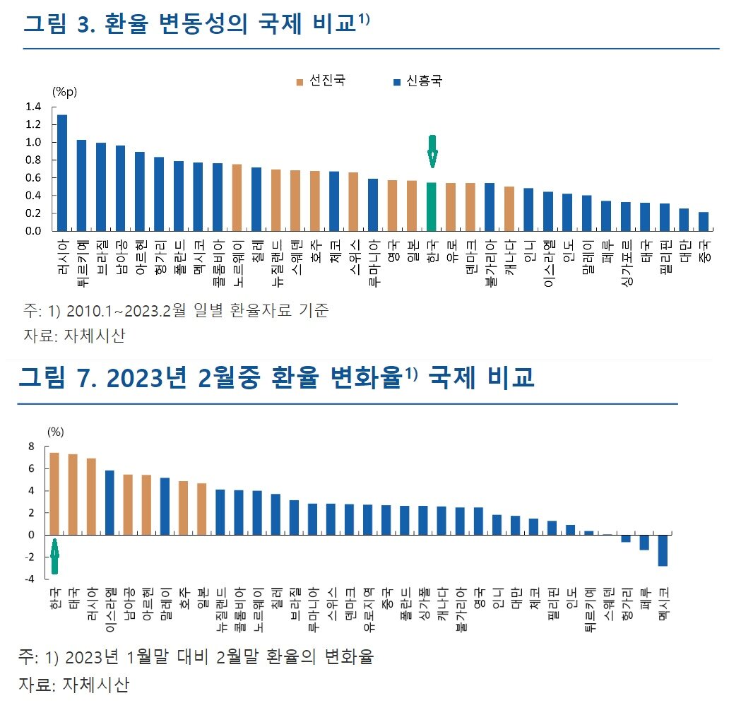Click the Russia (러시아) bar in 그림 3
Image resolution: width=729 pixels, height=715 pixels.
[62, 173]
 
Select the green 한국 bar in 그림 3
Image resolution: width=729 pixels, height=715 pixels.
[432, 207]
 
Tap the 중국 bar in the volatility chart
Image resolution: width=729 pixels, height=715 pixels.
[704, 222]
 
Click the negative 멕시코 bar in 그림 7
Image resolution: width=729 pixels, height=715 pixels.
[663, 550]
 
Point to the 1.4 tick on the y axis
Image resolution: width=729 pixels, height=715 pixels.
[34, 107]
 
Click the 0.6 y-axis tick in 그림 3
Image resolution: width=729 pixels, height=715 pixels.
[34, 178]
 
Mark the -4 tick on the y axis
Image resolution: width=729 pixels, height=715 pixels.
[30, 579]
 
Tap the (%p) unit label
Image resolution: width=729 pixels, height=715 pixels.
[64, 91]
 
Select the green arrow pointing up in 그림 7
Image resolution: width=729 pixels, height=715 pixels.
[54, 557]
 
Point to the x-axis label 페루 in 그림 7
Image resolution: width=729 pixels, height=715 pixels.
[644, 597]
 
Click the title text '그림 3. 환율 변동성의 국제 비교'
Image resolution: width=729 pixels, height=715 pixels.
[191, 24]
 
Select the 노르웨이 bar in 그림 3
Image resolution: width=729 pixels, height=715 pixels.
[238, 198]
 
